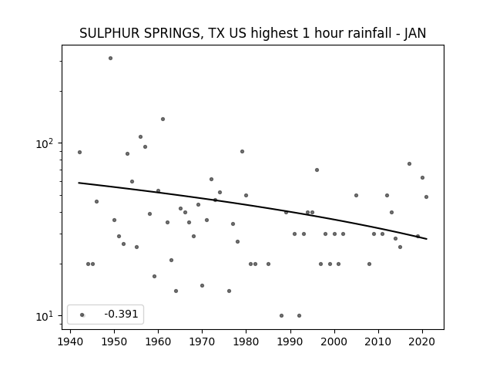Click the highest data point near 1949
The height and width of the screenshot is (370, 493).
(x=110, y=59)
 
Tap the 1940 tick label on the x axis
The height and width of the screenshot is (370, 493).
(x=70, y=341)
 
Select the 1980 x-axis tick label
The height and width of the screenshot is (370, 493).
(x=246, y=341)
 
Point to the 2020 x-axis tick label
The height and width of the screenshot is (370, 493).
(x=422, y=341)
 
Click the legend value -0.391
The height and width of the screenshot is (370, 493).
(x=121, y=314)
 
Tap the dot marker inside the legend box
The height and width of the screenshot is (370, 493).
(x=82, y=314)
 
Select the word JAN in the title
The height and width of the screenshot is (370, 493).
(x=415, y=33)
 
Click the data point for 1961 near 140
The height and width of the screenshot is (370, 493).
(x=163, y=119)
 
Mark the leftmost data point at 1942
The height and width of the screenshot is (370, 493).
(x=79, y=153)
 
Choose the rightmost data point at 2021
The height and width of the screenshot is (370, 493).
(x=426, y=197)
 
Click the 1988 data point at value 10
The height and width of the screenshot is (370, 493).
(x=281, y=315)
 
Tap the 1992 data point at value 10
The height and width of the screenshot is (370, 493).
(x=299, y=315)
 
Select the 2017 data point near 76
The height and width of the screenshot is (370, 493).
(x=409, y=163)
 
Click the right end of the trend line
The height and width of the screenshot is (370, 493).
(x=427, y=239)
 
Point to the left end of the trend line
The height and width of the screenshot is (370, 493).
(x=79, y=183)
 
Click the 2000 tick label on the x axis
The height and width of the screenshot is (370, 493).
(x=334, y=341)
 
